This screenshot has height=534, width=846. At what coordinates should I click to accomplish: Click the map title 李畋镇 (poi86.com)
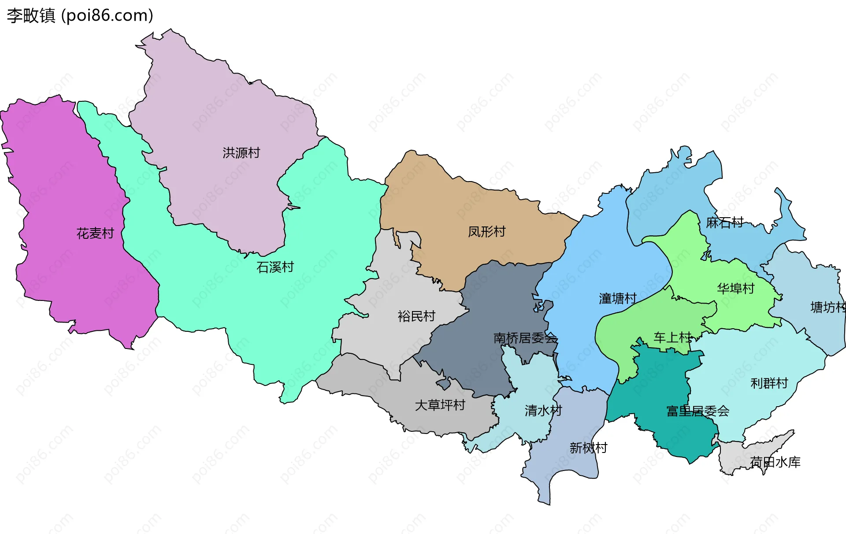click(x=80, y=15)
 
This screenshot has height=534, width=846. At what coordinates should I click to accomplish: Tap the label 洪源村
click(x=241, y=153)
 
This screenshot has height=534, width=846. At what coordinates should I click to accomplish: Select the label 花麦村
click(x=95, y=233)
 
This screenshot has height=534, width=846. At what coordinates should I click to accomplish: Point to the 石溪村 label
click(x=275, y=267)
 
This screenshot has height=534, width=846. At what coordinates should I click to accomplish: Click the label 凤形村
click(x=486, y=232)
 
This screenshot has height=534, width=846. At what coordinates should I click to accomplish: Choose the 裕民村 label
click(x=416, y=316)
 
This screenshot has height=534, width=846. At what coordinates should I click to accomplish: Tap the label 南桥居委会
click(x=525, y=338)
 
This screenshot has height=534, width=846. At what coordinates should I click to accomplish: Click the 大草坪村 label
click(x=440, y=405)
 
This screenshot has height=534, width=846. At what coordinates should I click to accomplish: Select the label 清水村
click(x=543, y=411)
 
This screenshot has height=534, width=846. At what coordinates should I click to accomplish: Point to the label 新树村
click(x=588, y=448)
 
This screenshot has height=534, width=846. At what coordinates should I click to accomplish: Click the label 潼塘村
click(x=617, y=299)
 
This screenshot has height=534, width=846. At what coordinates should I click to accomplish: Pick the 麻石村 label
click(x=724, y=222)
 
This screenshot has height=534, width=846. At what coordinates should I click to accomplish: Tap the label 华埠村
click(x=735, y=289)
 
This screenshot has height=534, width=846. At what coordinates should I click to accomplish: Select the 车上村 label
click(x=672, y=337)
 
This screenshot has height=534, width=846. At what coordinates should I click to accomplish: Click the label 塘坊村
click(x=827, y=307)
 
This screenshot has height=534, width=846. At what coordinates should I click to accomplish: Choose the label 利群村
click(x=769, y=383)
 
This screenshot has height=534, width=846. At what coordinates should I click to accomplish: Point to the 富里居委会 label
click(x=698, y=411)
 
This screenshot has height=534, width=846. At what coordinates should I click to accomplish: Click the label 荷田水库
click(x=775, y=462)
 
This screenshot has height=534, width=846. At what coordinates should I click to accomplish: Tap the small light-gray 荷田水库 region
click(x=736, y=458)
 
